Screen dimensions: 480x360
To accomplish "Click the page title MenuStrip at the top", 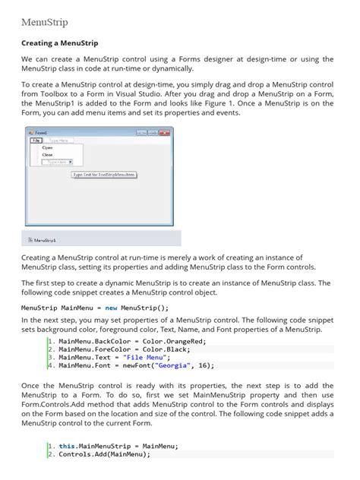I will (x=44, y=22).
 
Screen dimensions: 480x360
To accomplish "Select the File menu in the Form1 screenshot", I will (x=36, y=140).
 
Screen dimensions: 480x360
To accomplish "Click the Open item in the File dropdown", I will (x=36, y=147).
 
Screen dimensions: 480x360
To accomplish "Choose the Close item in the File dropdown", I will (x=36, y=154).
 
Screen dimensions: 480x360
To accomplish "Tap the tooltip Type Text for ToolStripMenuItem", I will (x=104, y=174).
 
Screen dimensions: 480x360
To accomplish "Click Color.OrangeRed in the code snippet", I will (x=178, y=341).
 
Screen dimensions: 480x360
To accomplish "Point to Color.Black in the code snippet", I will (x=172, y=349).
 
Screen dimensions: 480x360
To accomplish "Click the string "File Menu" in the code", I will (x=146, y=357).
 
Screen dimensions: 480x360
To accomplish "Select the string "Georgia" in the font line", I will (x=170, y=365).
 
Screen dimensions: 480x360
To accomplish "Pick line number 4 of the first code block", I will (x=50, y=365).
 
